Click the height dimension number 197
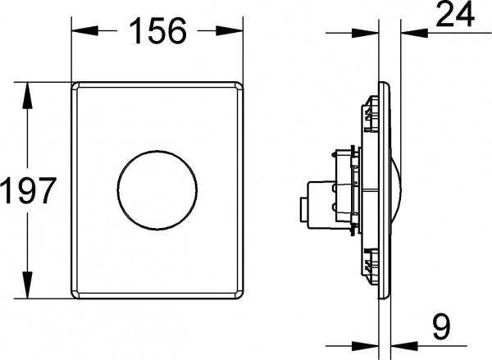pos(28,192)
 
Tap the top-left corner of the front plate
pos(76,85)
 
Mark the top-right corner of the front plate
pos(240,85)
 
